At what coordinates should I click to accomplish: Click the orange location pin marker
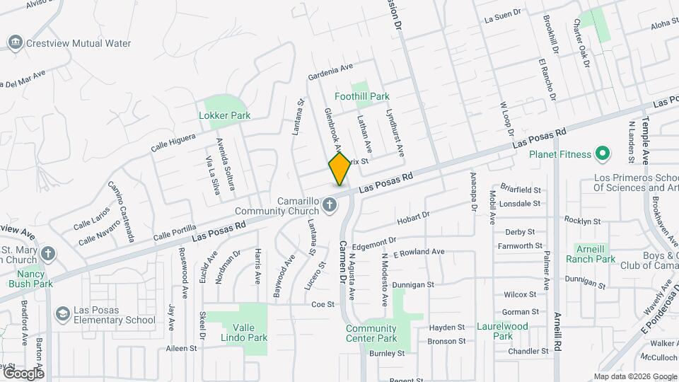(x=339, y=168)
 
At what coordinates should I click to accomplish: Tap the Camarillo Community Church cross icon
(x=329, y=205)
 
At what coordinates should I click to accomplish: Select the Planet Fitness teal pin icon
(x=602, y=153)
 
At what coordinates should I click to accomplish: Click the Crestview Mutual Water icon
(x=15, y=43)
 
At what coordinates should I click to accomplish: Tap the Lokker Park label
(x=225, y=115)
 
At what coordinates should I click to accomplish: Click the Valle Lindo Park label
(x=246, y=332)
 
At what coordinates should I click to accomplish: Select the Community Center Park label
(x=371, y=333)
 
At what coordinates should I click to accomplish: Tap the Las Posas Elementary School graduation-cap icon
(x=62, y=313)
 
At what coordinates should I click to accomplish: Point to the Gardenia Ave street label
(x=330, y=71)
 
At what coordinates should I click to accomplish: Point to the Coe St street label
(x=322, y=304)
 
